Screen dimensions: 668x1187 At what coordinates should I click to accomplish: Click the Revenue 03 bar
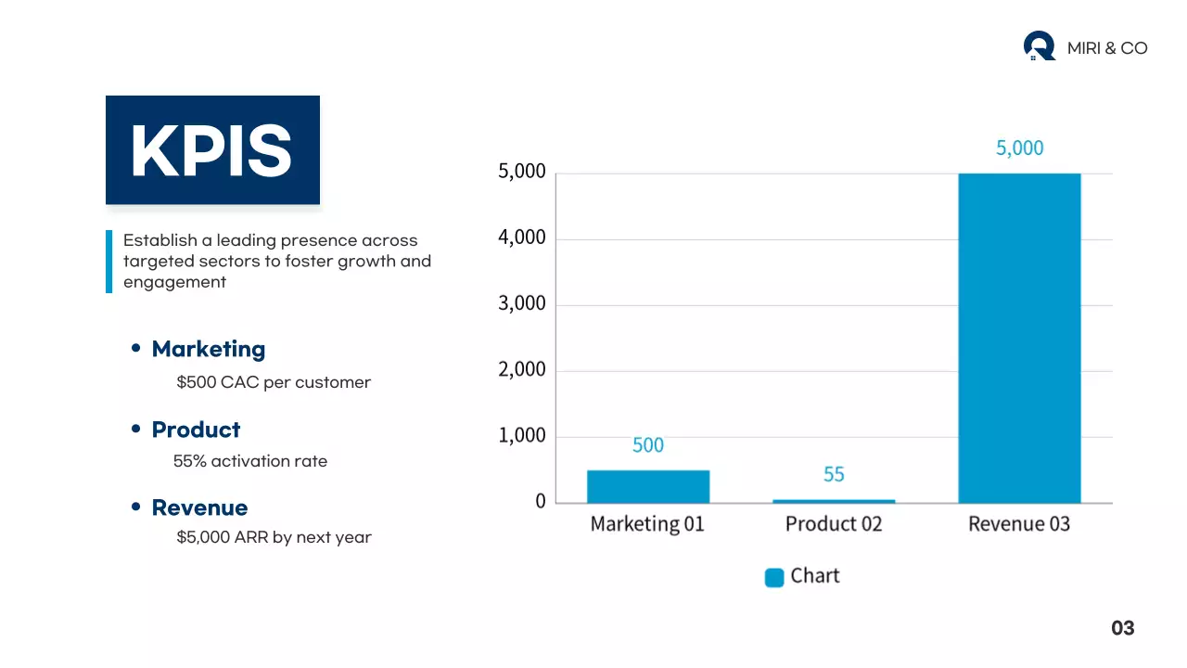point(1019,338)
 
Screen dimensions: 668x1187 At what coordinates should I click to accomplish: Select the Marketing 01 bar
point(648,486)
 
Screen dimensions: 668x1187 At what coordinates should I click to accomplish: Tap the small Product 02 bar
point(834,501)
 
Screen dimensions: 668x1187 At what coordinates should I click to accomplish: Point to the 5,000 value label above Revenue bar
point(1019,148)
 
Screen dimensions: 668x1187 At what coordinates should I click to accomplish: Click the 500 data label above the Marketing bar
point(648,445)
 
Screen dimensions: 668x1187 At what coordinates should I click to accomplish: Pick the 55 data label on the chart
point(834,474)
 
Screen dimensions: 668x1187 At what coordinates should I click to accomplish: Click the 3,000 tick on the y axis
point(522,303)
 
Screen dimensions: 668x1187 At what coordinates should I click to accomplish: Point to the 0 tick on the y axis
point(540,502)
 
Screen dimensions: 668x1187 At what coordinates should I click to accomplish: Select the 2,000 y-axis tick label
point(522,369)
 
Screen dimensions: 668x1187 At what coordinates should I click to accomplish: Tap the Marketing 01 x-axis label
point(647,524)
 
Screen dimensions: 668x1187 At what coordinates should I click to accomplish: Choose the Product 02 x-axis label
point(834,524)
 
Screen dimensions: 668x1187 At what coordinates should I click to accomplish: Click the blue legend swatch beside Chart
point(774,577)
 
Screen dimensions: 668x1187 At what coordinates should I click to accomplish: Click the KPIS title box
point(212,150)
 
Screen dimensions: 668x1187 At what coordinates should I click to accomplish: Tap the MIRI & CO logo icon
point(1039,45)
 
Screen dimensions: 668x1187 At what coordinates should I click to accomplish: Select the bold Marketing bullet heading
point(209,349)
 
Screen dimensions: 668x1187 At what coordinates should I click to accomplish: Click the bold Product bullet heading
point(196,430)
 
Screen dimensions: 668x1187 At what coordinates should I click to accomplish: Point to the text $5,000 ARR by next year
point(274,537)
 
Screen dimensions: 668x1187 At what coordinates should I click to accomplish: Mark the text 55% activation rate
point(250,461)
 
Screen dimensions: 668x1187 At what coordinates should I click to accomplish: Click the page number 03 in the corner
point(1122,628)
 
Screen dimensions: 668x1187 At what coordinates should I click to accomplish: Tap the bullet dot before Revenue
point(136,507)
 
